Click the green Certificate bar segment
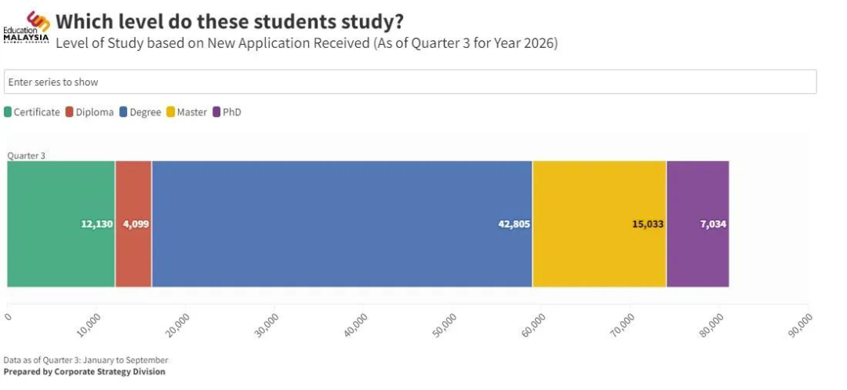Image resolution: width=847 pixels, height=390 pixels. click(x=61, y=224)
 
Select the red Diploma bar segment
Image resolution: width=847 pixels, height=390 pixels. click(x=133, y=224)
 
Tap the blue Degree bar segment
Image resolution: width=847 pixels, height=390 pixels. click(x=342, y=224)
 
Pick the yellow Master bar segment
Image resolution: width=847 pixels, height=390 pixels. click(x=600, y=224)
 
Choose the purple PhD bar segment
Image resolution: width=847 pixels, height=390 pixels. click(x=698, y=224)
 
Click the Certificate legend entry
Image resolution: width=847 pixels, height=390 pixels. click(x=32, y=112)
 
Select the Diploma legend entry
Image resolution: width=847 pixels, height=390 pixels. click(x=89, y=112)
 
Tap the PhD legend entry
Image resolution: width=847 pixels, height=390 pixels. click(x=227, y=112)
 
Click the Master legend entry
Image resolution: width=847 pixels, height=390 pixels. click(x=187, y=112)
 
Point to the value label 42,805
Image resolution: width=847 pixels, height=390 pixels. click(x=514, y=224)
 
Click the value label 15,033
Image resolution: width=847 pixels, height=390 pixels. click(x=648, y=224)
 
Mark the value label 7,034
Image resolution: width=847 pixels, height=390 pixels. click(x=713, y=224)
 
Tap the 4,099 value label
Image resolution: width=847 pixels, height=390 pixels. click(x=136, y=224)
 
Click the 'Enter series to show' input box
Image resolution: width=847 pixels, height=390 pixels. click(x=410, y=82)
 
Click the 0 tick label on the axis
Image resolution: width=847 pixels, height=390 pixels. click(x=8, y=316)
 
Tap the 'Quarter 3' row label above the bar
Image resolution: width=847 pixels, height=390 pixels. click(x=27, y=155)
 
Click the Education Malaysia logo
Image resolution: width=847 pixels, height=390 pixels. click(x=27, y=27)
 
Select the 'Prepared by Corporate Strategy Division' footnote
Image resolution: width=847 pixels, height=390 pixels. click(x=84, y=372)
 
